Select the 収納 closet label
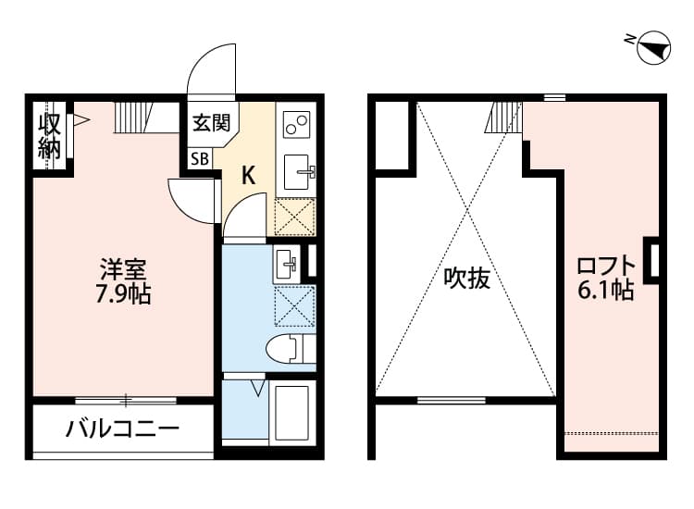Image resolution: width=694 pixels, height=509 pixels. point(49,135)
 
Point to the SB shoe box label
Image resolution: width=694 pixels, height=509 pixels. point(200,158)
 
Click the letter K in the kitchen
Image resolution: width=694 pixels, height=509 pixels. point(248,175)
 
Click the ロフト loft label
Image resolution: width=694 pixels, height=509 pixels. point(606,266)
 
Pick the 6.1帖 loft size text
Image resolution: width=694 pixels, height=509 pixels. point(606,291)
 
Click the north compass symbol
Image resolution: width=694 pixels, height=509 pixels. point(653,46)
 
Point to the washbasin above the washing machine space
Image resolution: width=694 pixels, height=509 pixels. point(286,264)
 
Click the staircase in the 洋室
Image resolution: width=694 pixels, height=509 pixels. point(135,118)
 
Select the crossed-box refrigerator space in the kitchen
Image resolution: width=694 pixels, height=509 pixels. point(296,217)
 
